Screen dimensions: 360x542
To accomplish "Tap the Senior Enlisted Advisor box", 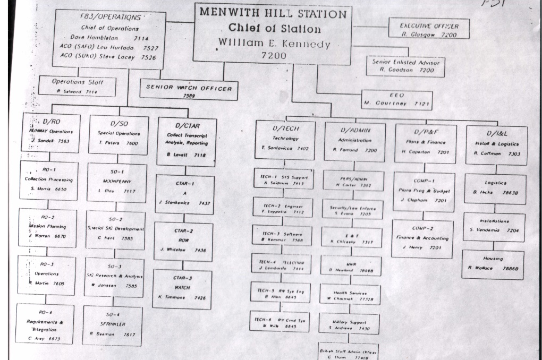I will tap(406, 65).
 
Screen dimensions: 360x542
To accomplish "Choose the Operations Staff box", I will tap(77, 86).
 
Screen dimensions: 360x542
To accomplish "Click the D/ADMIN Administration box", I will tap(354, 140).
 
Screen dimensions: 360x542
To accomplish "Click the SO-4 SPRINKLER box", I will tap(112, 325).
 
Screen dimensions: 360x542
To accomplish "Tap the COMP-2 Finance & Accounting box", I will tap(422, 238).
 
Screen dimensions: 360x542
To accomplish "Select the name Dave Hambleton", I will tap(91, 38).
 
